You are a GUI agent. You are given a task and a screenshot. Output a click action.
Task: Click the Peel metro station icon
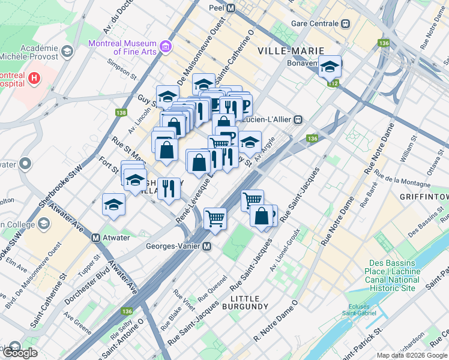(231, 8)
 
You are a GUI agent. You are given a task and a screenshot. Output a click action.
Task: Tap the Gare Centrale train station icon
(345, 23)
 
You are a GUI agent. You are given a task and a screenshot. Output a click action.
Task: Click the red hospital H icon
(34, 78)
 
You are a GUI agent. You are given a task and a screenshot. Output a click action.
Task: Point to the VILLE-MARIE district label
(291, 51)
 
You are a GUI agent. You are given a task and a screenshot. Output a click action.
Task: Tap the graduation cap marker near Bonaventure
(330, 67)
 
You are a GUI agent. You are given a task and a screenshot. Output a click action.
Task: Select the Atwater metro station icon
(95, 238)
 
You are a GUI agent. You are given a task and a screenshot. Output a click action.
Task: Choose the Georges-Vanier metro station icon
(206, 246)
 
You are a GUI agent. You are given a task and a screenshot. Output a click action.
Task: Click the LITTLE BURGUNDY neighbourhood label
(249, 302)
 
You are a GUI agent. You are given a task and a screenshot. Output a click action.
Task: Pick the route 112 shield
(332, 82)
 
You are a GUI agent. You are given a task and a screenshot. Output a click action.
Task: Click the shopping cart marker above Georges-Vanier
(215, 218)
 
